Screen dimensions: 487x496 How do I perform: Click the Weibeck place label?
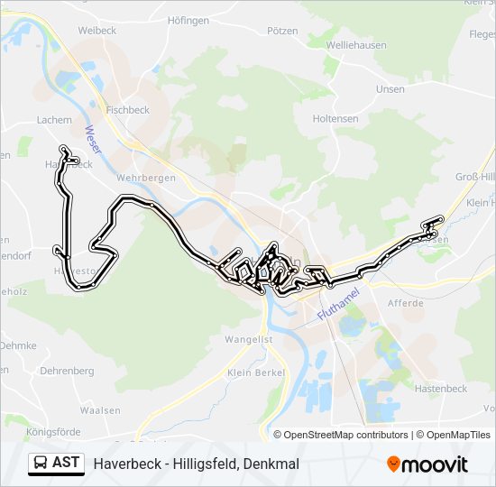click(97, 30)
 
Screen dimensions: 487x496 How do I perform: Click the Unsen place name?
click(390, 89)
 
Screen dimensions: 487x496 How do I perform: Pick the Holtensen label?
click(335, 118)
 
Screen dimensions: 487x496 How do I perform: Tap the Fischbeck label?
click(127, 110)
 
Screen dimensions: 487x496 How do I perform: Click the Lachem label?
click(54, 119)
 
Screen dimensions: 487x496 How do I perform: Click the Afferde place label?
click(406, 304)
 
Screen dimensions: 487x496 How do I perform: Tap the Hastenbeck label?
click(440, 389)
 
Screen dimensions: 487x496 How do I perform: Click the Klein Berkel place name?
click(256, 372)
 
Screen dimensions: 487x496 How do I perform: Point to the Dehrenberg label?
click(68, 371)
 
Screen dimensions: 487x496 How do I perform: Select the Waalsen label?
click(100, 410)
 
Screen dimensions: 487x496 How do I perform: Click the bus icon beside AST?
click(41, 463)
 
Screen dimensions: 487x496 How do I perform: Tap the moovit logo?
click(427, 464)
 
